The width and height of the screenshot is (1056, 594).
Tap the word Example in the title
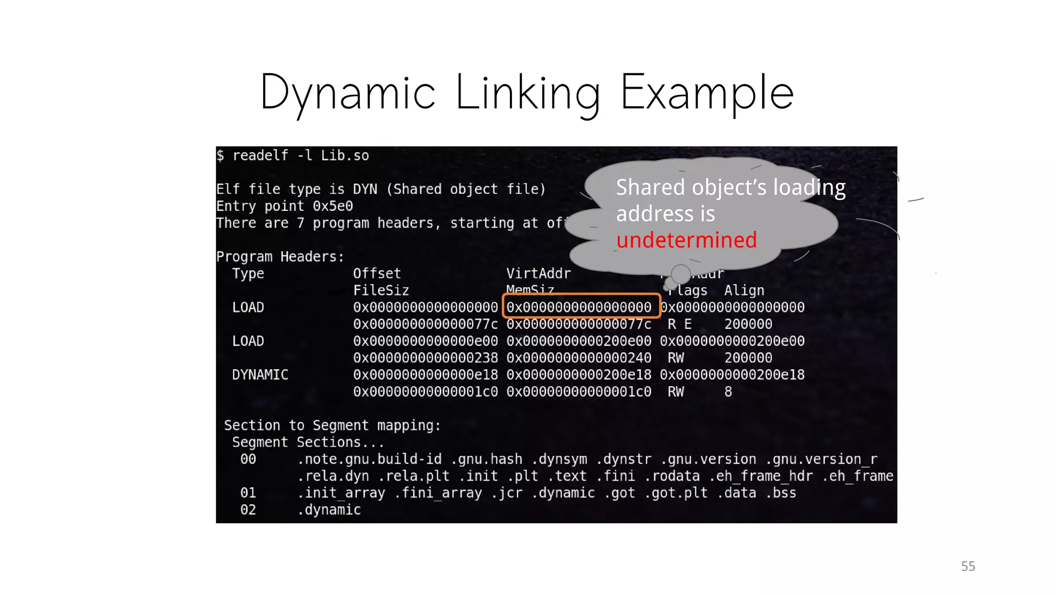[x=706, y=93]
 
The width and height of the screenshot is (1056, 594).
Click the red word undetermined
[x=686, y=240]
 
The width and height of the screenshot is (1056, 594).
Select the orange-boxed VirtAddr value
[x=579, y=307]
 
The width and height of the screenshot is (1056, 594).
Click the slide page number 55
[x=968, y=566]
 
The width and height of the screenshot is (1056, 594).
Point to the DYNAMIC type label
[x=260, y=375]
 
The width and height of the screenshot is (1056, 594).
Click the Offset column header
[x=377, y=273]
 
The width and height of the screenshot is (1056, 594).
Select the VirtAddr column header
[x=538, y=273]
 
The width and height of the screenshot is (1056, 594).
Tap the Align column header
[x=744, y=290]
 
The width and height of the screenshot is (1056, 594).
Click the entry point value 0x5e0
[x=333, y=206]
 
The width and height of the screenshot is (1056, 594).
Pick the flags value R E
[x=680, y=324]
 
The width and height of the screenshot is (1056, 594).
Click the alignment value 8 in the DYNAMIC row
[x=728, y=392]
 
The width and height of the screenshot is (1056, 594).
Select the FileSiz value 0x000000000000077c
[x=425, y=324]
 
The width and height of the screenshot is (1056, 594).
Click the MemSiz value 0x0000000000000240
[x=579, y=358]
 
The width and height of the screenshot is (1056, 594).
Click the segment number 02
[x=248, y=510]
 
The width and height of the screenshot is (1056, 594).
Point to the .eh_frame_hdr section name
[x=761, y=476]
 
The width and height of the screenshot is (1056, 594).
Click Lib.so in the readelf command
[x=345, y=156]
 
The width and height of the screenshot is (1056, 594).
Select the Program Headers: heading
[x=280, y=257]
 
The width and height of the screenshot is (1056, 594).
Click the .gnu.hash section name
[x=486, y=459]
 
